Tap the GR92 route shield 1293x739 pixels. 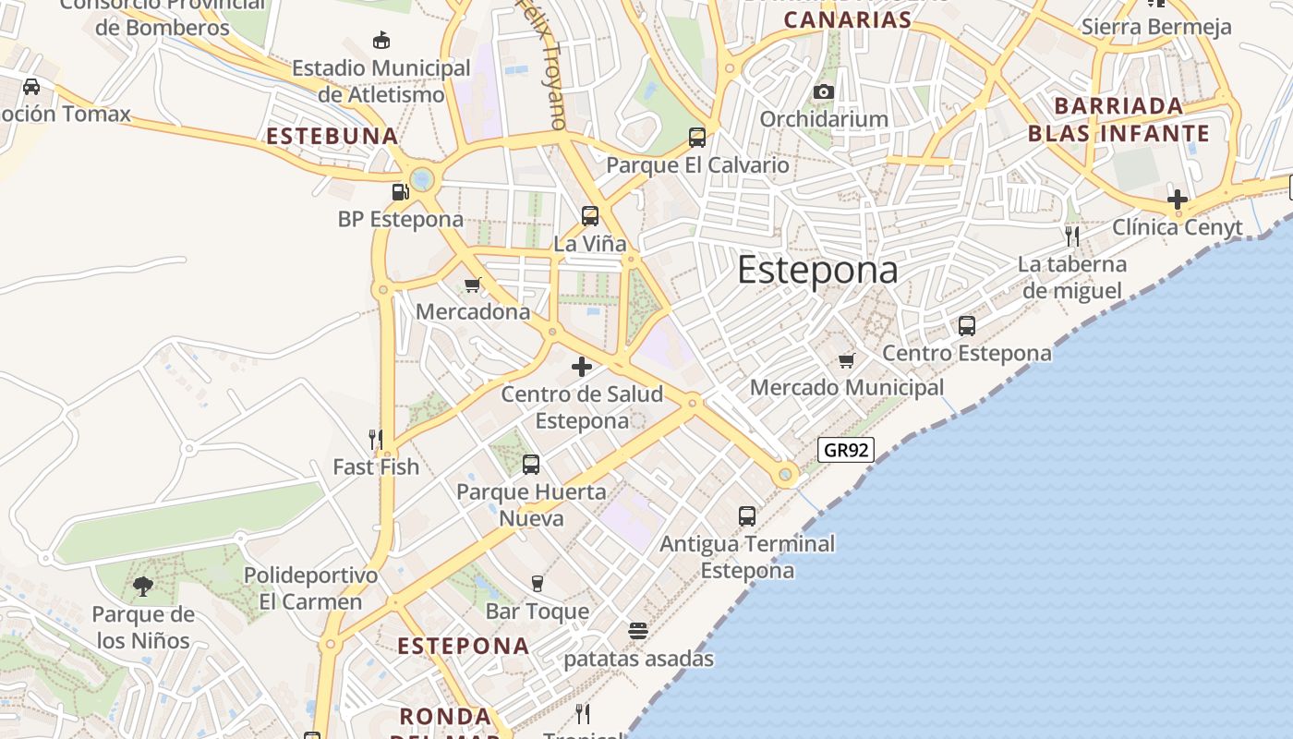(846, 450)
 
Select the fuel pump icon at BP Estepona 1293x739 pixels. (400, 192)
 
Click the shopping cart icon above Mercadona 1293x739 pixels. (473, 285)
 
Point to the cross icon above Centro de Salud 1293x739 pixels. (582, 367)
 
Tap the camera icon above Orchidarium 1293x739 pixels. (824, 91)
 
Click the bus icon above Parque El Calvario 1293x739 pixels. (697, 138)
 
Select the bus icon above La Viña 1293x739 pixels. (590, 216)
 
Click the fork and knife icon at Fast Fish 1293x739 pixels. (376, 439)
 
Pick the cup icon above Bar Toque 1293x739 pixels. (538, 583)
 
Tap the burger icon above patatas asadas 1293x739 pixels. (638, 631)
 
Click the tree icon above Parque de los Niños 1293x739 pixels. (143, 586)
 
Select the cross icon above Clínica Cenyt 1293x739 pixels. (1177, 199)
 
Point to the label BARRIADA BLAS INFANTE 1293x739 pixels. (1118, 119)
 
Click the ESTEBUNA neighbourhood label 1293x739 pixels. (332, 137)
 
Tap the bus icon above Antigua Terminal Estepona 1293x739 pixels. (747, 515)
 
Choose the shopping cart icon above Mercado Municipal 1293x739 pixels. (847, 360)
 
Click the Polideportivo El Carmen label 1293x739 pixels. (310, 588)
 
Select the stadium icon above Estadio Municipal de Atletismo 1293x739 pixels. (381, 40)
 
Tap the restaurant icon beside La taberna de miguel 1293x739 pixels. (1071, 236)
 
